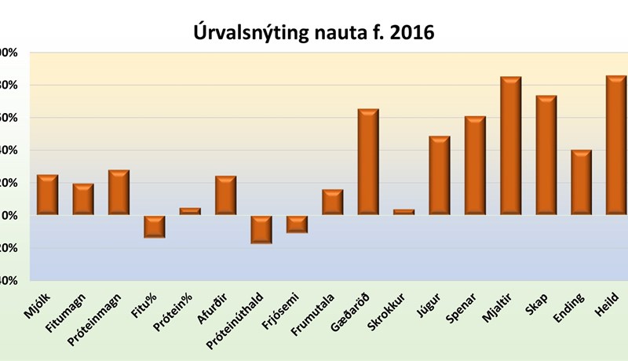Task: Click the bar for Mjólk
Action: click(x=48, y=195)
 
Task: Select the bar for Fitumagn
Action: click(x=83, y=199)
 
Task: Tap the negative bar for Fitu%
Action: click(x=154, y=226)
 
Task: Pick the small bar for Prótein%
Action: click(x=190, y=211)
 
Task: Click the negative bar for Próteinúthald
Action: click(x=261, y=229)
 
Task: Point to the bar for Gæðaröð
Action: click(x=368, y=162)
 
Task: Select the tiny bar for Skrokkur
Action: click(x=403, y=212)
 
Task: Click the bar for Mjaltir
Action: click(x=510, y=146)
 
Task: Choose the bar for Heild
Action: click(x=616, y=145)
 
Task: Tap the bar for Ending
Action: click(x=581, y=182)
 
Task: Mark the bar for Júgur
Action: click(x=440, y=175)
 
